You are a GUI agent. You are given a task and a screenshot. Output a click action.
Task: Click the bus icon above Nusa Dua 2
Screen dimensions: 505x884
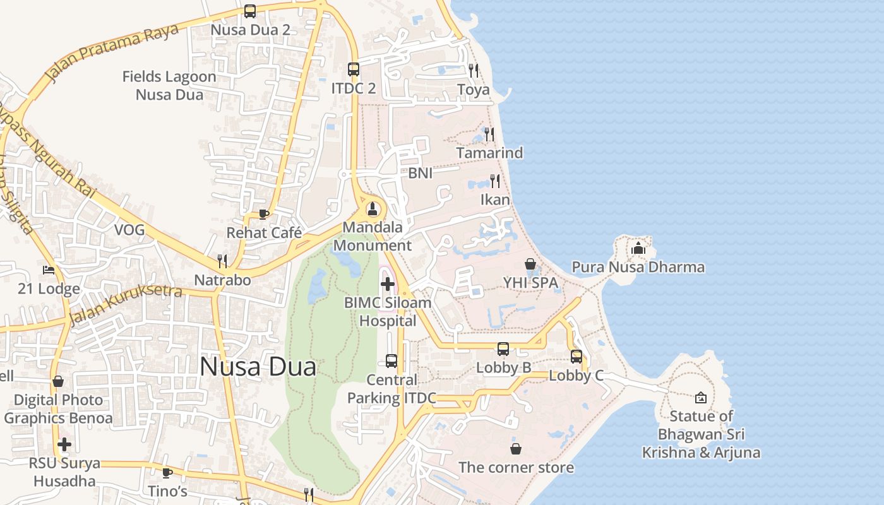click(250, 11)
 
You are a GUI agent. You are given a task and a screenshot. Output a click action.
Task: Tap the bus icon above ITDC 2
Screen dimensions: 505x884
click(354, 69)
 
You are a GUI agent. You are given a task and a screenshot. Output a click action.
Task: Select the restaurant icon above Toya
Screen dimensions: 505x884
click(474, 70)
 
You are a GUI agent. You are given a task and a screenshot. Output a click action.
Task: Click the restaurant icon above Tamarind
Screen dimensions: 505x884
click(489, 134)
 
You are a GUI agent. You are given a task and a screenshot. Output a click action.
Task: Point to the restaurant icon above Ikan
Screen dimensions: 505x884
click(495, 181)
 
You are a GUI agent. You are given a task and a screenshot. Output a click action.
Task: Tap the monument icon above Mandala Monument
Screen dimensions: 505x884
click(373, 208)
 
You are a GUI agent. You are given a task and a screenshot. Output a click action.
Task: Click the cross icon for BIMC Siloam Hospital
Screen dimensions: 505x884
click(388, 284)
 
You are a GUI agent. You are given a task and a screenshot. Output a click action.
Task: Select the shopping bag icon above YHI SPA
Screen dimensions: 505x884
click(530, 264)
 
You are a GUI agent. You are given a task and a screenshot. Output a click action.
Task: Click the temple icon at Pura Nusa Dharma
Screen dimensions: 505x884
click(638, 248)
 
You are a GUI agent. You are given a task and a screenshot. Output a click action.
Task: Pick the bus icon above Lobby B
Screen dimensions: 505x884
click(503, 349)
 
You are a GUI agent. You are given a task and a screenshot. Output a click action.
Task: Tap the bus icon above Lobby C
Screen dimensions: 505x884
click(576, 357)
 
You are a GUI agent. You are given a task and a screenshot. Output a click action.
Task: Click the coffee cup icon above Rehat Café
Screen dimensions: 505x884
click(264, 214)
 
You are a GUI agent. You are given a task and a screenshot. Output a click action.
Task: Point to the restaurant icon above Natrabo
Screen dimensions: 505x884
click(222, 261)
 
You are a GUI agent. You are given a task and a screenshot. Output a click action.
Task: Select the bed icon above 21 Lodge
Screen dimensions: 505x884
click(49, 270)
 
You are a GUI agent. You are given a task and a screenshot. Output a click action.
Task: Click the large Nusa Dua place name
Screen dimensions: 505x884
click(258, 367)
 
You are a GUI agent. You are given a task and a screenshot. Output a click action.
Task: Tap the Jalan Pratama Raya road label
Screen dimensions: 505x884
click(112, 54)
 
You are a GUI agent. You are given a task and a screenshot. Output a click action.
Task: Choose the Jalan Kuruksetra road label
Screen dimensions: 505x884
click(126, 304)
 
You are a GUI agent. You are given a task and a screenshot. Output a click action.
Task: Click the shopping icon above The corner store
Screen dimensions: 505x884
click(516, 449)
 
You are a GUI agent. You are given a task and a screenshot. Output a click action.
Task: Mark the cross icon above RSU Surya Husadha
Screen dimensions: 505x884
click(64, 444)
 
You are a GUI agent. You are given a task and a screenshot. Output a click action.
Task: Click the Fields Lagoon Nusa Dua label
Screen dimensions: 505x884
click(169, 85)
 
